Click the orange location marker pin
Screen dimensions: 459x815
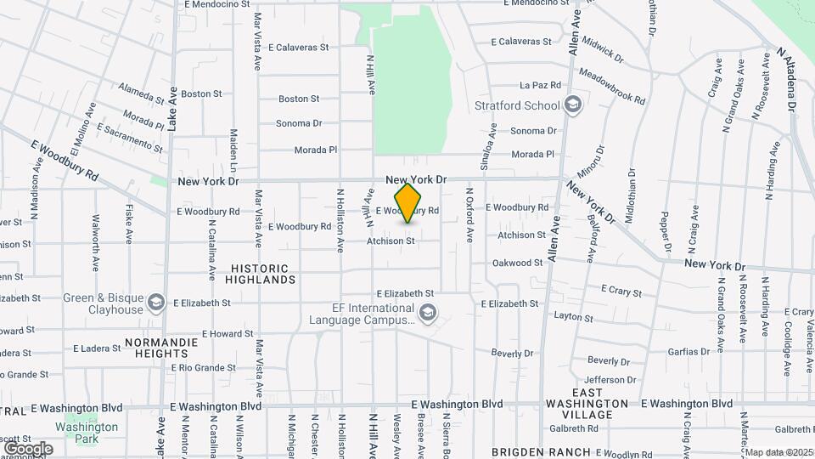click(x=407, y=203)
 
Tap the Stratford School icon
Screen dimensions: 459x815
click(x=573, y=105)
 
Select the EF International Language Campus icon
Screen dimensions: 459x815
click(x=428, y=313)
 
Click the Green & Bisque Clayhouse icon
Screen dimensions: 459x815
click(x=155, y=303)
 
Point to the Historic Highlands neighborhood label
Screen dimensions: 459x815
click(x=261, y=274)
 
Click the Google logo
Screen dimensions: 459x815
click(x=28, y=448)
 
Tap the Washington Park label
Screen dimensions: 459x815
click(x=87, y=433)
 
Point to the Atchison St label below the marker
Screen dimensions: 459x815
click(x=391, y=241)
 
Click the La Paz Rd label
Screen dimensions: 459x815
click(x=541, y=85)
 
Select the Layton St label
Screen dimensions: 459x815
click(x=573, y=317)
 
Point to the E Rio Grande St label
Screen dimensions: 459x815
click(x=204, y=368)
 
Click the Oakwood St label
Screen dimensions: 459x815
click(x=517, y=263)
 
